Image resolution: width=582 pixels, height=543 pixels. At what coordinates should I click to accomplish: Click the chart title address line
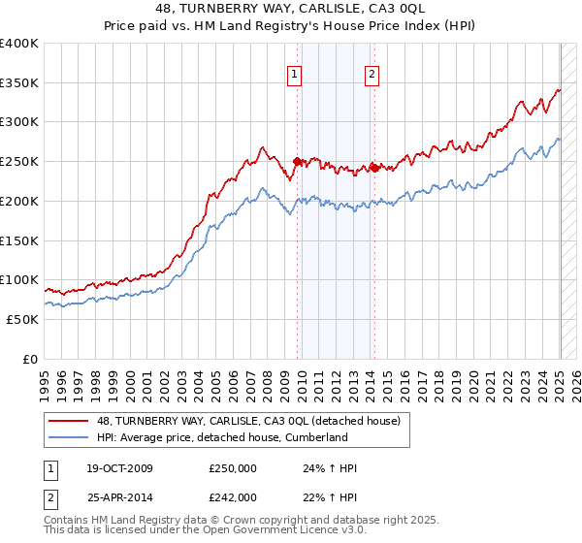(291, 10)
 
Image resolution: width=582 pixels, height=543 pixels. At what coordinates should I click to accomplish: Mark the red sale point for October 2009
(297, 161)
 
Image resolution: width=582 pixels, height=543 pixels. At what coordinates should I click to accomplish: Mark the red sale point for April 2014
(373, 168)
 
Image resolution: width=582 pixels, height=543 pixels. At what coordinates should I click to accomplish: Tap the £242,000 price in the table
(233, 496)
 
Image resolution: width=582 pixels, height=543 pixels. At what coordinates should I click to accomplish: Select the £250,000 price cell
(233, 469)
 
